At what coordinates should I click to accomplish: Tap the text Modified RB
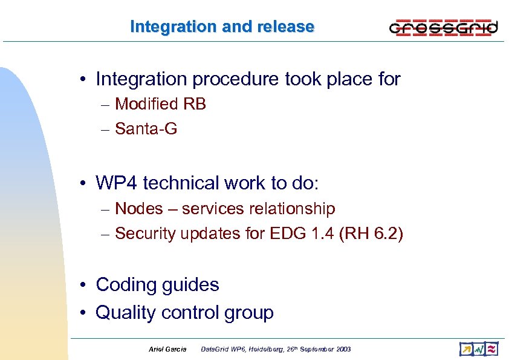coord(160,104)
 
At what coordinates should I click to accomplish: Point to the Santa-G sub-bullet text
coord(146,128)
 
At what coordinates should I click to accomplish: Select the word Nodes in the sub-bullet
coord(139,209)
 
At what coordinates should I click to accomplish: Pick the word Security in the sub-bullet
coord(144,233)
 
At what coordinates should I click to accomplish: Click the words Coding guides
coord(157,284)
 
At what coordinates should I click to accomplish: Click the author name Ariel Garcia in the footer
coord(167,349)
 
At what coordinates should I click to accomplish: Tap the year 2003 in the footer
coord(342,349)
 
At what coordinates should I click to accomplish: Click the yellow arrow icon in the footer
coord(466,349)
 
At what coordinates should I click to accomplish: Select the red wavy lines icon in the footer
coord(492,349)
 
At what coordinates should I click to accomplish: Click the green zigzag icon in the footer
coord(479,349)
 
